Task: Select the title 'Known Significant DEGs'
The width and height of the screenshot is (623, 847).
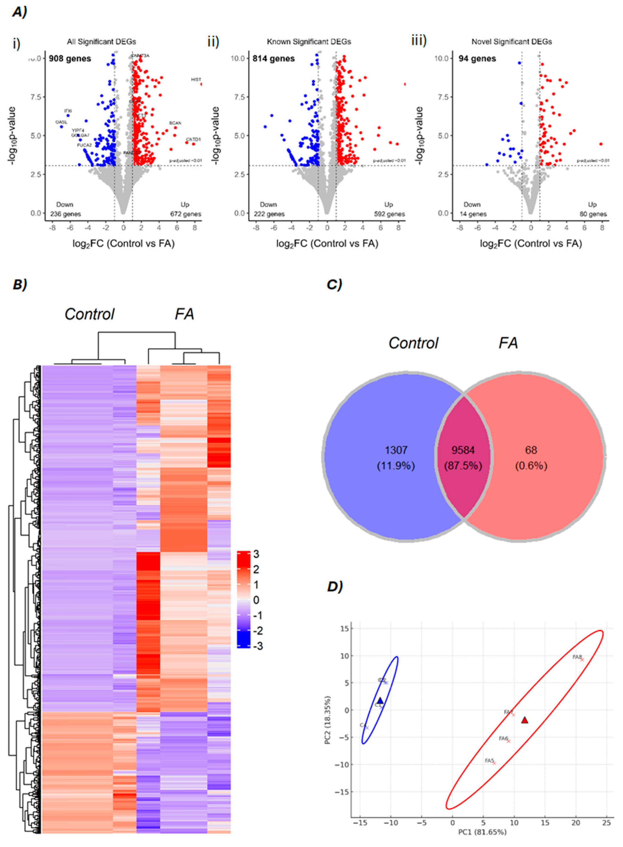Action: pyautogui.click(x=309, y=42)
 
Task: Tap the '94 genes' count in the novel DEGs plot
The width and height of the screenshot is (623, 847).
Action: pyautogui.click(x=477, y=59)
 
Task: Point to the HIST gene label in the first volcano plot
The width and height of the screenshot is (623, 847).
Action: pyautogui.click(x=196, y=80)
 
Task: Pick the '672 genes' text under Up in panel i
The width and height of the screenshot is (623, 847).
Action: pyautogui.click(x=186, y=214)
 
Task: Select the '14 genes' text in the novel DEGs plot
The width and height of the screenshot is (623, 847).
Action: pyautogui.click(x=473, y=214)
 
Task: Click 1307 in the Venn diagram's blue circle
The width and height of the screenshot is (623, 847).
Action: pyautogui.click(x=396, y=450)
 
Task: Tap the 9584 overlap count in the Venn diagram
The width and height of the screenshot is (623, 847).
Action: pyautogui.click(x=463, y=450)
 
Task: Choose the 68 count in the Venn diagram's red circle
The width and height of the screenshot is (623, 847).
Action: pyautogui.click(x=531, y=450)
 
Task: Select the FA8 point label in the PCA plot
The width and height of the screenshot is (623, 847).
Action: pyautogui.click(x=577, y=657)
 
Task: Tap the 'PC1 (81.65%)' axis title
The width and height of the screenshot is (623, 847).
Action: pyautogui.click(x=482, y=832)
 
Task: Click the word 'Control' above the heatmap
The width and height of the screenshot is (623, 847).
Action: pyautogui.click(x=89, y=314)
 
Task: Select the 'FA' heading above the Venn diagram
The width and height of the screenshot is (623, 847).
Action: pyautogui.click(x=508, y=343)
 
